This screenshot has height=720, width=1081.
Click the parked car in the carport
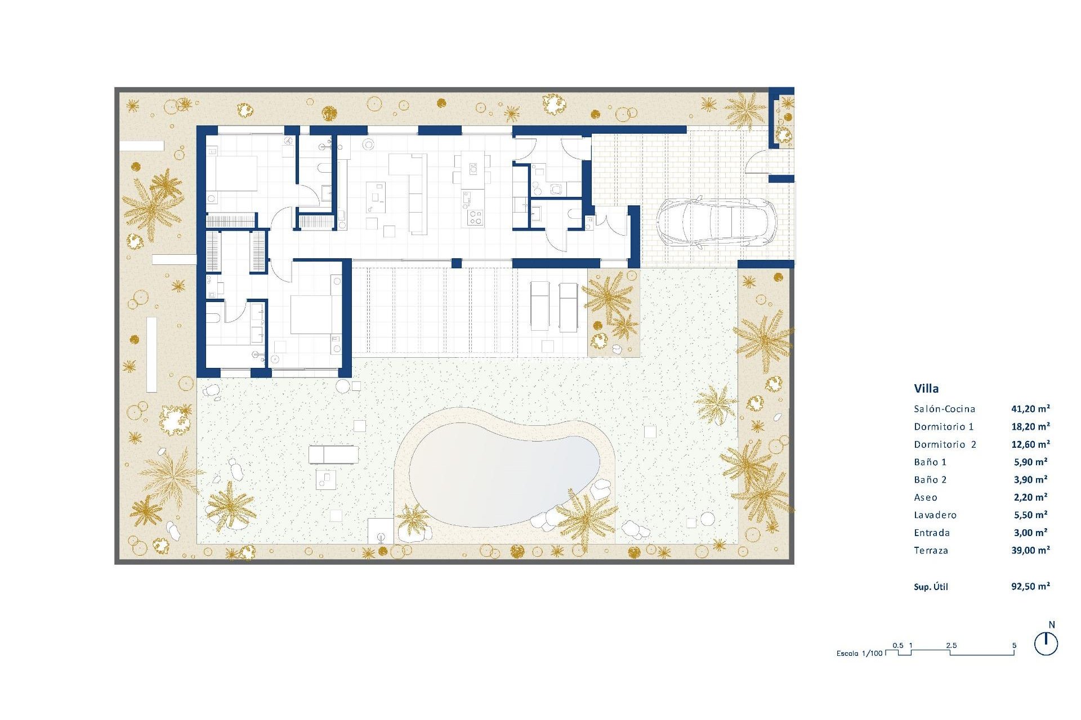716,222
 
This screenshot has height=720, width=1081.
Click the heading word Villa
926,388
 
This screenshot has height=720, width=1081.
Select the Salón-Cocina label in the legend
944,409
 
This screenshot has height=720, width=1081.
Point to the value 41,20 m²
1030,409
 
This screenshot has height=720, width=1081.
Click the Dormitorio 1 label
944,426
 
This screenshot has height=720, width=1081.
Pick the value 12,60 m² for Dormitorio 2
1030,444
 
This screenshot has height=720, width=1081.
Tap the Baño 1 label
930,462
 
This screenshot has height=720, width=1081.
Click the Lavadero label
935,515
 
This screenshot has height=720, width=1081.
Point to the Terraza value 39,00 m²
1030,550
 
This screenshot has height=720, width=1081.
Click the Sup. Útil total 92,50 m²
1030,586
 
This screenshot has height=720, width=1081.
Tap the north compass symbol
1046,644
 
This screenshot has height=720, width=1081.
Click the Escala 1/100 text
859,653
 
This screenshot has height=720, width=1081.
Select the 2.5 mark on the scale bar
951,645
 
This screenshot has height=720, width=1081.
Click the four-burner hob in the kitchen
475,217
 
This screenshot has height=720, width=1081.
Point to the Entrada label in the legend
932,533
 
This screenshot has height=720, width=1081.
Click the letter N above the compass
1052,625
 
